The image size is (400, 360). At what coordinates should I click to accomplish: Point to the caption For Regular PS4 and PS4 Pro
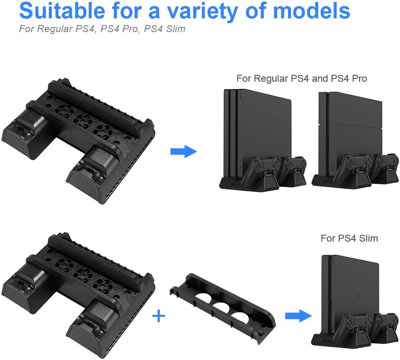[302, 78]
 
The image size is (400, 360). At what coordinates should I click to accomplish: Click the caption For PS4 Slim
[349, 238]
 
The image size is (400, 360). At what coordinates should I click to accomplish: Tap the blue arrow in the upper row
[183, 152]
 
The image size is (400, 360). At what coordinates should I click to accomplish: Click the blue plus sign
[158, 316]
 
